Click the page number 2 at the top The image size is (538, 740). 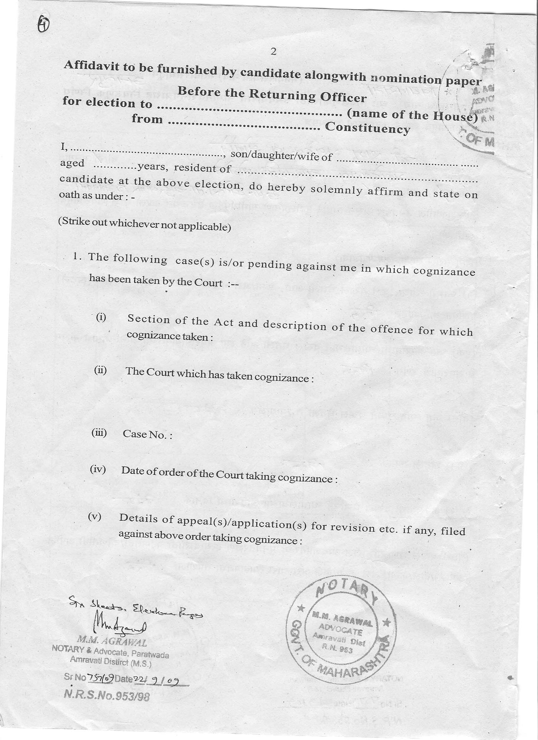coord(273,52)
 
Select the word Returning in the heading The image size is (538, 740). coord(282,95)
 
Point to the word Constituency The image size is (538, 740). coord(367,128)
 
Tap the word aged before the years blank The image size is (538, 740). coord(72,163)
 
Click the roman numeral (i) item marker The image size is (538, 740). coord(101,317)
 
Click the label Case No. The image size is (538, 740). coord(147,434)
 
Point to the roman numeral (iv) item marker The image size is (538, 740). coord(98,470)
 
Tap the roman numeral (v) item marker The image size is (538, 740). coord(95,517)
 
